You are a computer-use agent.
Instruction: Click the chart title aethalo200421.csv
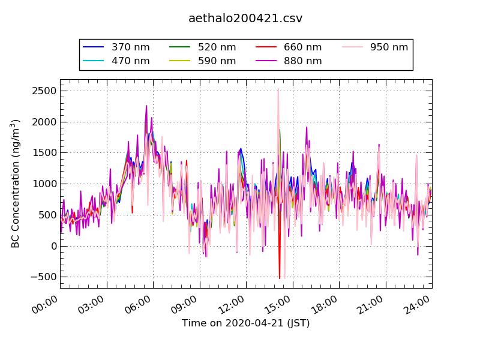(245, 19)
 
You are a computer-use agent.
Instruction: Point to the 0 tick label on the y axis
(53, 246)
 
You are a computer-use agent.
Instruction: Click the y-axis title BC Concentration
(16, 184)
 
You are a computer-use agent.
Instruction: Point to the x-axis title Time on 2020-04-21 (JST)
(245, 323)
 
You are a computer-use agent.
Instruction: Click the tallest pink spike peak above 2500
(278, 89)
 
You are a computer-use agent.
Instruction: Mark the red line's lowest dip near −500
(279, 278)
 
